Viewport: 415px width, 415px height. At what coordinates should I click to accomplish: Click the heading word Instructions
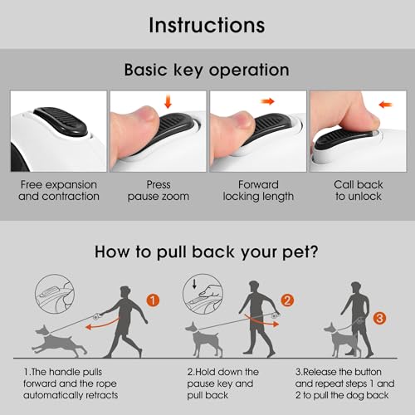207,24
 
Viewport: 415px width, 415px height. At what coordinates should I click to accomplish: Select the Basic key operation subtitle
207,70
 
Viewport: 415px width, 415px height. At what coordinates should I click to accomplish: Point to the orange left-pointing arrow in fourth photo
363,105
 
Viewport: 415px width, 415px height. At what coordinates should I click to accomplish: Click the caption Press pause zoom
159,190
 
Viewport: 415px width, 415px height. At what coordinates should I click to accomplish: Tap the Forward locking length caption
258,190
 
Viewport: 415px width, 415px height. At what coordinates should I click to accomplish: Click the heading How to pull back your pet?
207,251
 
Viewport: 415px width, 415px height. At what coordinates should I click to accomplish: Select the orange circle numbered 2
286,300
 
